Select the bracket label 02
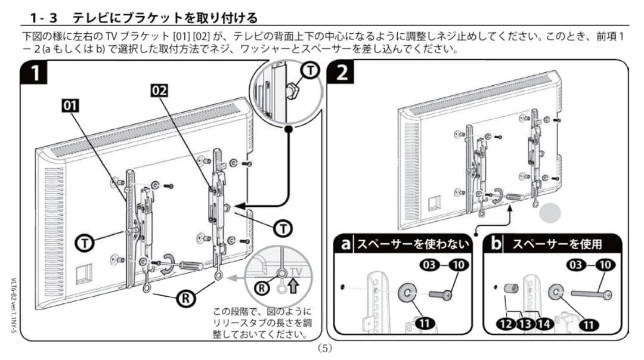[x=159, y=91]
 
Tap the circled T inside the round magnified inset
[x=309, y=71]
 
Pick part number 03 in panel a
[x=431, y=265]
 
